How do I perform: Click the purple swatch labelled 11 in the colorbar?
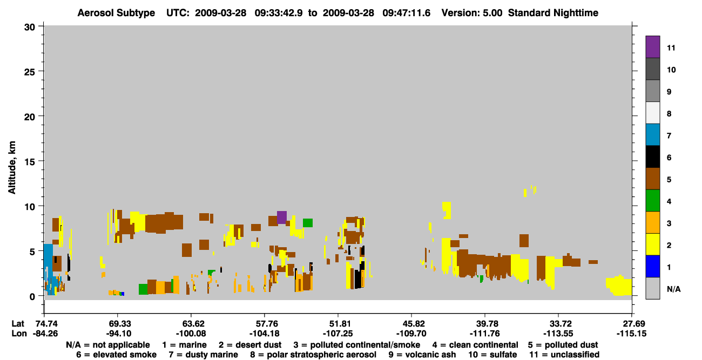pyautogui.click(x=652, y=46)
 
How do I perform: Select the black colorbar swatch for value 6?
pyautogui.click(x=652, y=157)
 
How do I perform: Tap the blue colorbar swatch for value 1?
pyautogui.click(x=652, y=266)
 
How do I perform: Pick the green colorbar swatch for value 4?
pyautogui.click(x=652, y=201)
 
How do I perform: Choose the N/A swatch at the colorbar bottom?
pyautogui.click(x=652, y=288)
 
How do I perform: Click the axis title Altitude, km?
pyautogui.click(x=12, y=168)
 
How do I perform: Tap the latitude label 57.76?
pyautogui.click(x=265, y=324)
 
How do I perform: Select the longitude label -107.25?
pyautogui.click(x=338, y=334)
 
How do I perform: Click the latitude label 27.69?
pyautogui.click(x=632, y=324)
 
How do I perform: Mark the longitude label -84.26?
pyautogui.click(x=45, y=334)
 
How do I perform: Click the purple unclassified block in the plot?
pyautogui.click(x=282, y=218)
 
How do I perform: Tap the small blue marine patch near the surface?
pyautogui.click(x=123, y=294)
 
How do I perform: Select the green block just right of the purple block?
pyautogui.click(x=308, y=223)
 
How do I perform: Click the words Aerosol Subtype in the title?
pyautogui.click(x=116, y=13)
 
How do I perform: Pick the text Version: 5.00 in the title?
pyautogui.click(x=472, y=13)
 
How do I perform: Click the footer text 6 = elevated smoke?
pyautogui.click(x=116, y=355)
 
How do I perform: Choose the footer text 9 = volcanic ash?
pyautogui.click(x=422, y=355)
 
